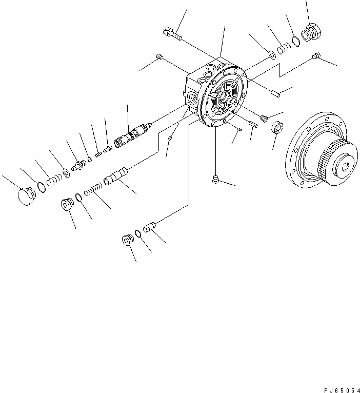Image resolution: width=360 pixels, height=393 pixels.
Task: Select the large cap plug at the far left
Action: click(25, 196)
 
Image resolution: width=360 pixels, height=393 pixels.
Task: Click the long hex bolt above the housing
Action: click(172, 34)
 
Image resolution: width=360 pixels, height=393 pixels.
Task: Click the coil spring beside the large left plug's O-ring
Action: click(52, 180)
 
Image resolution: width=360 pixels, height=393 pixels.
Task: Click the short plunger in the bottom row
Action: click(149, 227)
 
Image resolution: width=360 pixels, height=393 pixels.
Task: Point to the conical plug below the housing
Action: click(216, 180)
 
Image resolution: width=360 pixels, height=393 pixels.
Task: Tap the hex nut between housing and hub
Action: click(277, 126)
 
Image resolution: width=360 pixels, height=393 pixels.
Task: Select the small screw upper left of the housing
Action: click(159, 57)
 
